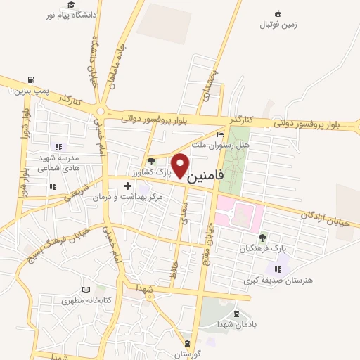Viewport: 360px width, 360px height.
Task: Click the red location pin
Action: tap(181, 165)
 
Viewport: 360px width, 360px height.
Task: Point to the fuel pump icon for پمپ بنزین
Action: tap(30, 80)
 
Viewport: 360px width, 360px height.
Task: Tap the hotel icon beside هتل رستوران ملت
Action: tap(221, 134)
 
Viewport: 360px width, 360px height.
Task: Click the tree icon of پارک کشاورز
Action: tap(151, 161)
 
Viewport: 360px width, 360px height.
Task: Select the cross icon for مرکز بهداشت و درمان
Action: tap(127, 186)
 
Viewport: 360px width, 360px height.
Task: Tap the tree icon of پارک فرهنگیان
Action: tap(262, 238)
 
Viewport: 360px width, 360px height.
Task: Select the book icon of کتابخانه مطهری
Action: tap(86, 289)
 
